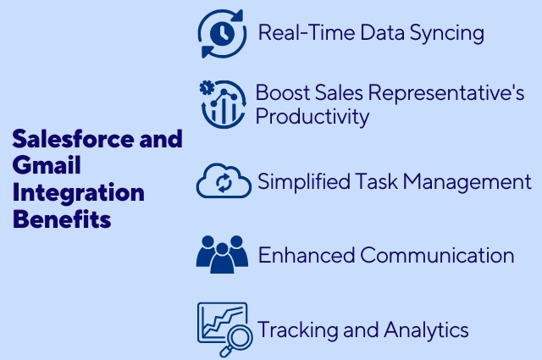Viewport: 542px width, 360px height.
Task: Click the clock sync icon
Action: click(x=221, y=34)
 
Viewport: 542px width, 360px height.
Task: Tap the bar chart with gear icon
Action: click(x=223, y=103)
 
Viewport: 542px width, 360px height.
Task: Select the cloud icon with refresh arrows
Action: click(x=224, y=181)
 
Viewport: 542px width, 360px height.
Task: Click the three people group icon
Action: click(x=221, y=254)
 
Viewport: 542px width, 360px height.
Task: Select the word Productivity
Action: click(x=312, y=116)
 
